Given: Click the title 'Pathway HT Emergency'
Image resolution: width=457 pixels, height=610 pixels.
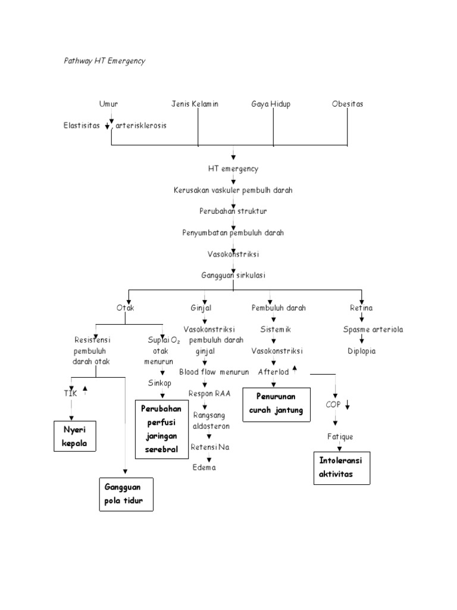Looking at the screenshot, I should pos(104,61).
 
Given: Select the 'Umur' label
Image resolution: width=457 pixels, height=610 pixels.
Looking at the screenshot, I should pos(108,104).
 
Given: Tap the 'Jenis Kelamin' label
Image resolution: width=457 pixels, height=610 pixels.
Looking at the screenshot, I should pos(195,104).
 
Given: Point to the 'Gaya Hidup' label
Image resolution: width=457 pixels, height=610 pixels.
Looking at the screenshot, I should pos(271,104).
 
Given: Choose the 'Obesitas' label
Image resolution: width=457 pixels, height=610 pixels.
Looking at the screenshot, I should pos(348,104).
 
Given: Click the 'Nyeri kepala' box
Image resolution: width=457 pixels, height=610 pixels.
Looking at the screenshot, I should pos(74,436).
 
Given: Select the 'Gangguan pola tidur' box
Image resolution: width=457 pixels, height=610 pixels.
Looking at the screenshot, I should pos(125,494).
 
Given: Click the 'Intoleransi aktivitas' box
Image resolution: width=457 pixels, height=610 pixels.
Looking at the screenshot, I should pos(342,468).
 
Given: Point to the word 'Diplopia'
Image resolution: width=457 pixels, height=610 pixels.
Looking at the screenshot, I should pos(362,351).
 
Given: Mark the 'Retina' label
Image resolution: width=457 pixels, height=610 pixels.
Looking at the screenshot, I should pos(361,308).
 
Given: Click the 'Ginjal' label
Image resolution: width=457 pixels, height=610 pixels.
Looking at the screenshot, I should pos(201,308).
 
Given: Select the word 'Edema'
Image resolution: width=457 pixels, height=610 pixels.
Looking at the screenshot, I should pos(204,467).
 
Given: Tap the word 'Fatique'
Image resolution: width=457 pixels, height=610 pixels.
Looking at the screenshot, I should pos(339,437).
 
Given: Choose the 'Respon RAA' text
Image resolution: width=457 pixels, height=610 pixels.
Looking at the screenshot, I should pos(209,394).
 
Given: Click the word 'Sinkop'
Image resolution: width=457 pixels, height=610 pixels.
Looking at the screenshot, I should pos(159,383).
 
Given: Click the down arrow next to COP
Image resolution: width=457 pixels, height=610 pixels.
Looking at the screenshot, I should pos(347,405).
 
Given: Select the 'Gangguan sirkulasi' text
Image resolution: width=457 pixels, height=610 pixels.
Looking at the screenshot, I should pos(233,276).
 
